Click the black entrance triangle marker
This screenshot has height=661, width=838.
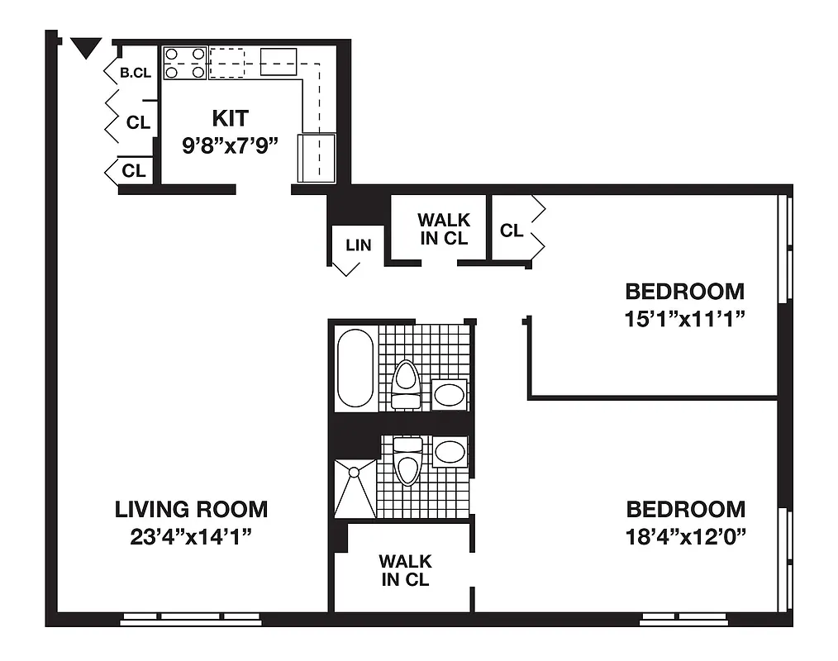click(x=86, y=48)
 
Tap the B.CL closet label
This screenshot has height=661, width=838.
click(x=136, y=73)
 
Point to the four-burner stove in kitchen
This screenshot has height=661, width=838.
click(x=184, y=63)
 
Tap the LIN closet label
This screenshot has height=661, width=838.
click(x=359, y=245)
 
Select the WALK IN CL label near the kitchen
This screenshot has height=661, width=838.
click(x=443, y=229)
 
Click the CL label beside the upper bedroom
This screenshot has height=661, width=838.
click(x=511, y=231)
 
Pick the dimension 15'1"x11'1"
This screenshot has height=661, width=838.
click(x=685, y=318)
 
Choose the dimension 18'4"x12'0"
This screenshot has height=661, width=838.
click(x=686, y=536)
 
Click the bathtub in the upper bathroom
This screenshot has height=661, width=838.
click(x=355, y=369)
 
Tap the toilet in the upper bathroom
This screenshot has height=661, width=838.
click(x=405, y=385)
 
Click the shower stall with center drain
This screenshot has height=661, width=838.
click(x=355, y=488)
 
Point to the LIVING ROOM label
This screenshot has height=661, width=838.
click(x=191, y=509)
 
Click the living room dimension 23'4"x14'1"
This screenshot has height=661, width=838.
click(x=191, y=536)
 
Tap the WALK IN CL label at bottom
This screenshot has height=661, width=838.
click(x=405, y=570)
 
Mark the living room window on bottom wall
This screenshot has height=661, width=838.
click(x=190, y=617)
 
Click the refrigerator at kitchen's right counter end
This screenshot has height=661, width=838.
click(x=317, y=157)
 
